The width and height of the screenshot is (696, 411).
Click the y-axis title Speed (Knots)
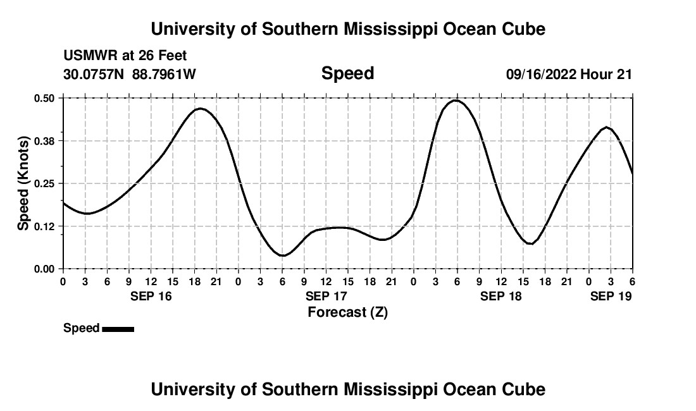click(23, 183)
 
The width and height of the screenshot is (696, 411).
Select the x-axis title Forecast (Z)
click(347, 312)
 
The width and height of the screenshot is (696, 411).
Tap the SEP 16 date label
click(151, 296)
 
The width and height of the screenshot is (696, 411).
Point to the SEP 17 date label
click(326, 296)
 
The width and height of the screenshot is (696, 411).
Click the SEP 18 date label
click(501, 296)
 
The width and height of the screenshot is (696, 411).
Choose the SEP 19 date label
click(611, 296)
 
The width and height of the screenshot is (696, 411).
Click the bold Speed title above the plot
click(347, 73)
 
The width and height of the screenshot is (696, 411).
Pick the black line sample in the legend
click(118, 329)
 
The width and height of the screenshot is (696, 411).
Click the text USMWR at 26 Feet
click(125, 56)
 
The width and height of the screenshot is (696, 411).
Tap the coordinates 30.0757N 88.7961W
click(130, 75)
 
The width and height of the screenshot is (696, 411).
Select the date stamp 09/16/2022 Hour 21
click(569, 75)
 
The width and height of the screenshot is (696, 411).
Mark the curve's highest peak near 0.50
click(455, 100)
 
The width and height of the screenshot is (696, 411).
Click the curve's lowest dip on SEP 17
click(283, 255)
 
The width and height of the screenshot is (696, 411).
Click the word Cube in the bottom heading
click(526, 390)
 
